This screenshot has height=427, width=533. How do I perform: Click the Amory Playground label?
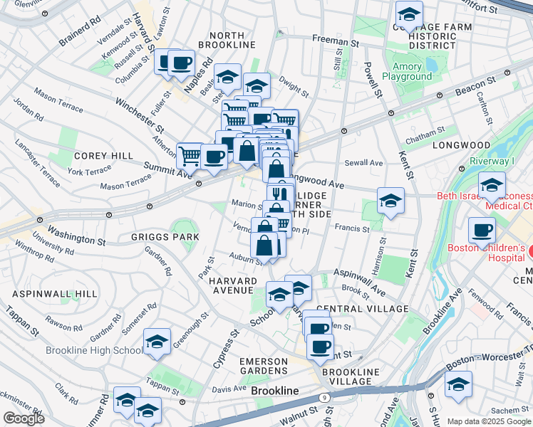407,71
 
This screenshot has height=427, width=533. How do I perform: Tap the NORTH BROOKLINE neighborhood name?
232,40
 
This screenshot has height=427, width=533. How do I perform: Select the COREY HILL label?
104,156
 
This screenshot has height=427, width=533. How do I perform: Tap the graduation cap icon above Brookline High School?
157,342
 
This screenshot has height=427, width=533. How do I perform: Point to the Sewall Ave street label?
363,163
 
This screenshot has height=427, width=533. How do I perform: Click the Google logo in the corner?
24,418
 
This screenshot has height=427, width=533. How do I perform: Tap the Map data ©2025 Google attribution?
489,421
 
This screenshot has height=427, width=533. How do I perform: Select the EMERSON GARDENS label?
274,367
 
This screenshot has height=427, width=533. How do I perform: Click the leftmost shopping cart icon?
190,154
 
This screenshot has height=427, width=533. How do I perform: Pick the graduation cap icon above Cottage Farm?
409,14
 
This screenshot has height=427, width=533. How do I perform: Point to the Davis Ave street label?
228,389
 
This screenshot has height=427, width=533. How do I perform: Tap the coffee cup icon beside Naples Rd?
182,63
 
